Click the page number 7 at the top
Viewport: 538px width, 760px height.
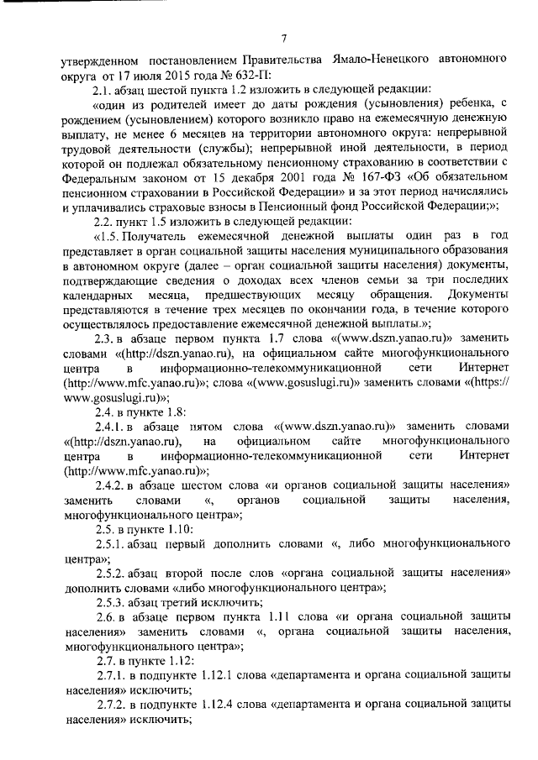tap(283, 35)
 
